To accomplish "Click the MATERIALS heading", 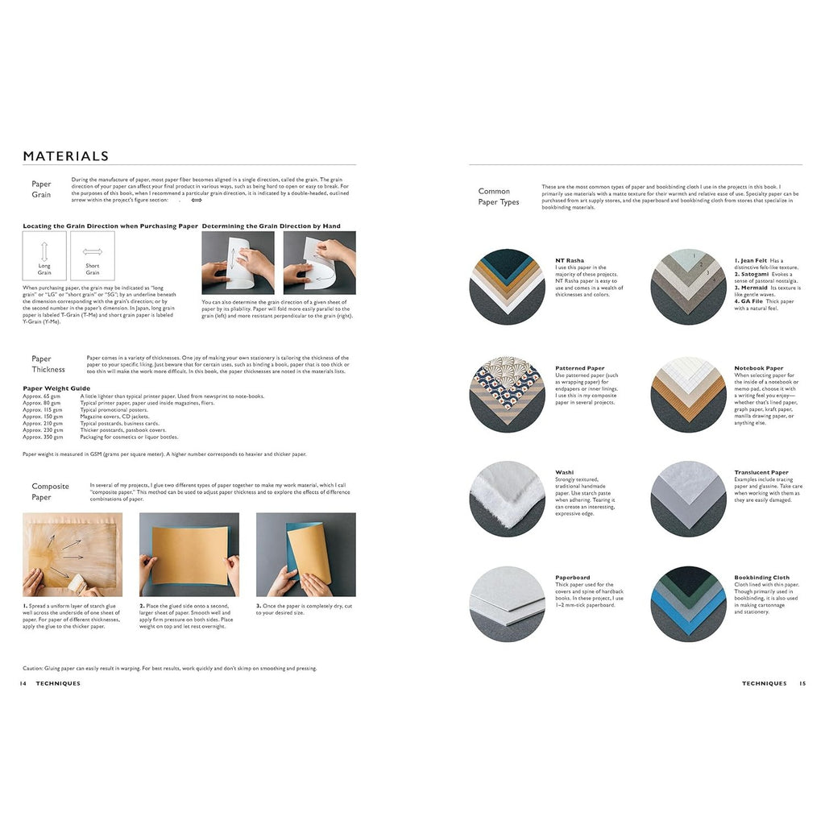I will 66,156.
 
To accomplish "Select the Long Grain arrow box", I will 44,256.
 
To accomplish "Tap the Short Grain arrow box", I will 93,256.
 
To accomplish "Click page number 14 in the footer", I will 23,683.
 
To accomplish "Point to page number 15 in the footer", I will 802,683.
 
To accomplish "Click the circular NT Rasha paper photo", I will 508,287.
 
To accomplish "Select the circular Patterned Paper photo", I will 508,395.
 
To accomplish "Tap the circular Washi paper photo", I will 508,500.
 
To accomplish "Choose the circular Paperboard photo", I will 508,604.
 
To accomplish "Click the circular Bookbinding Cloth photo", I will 689,604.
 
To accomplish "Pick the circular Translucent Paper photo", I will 689,500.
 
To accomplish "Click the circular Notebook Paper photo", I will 689,395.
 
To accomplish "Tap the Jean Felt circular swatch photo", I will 689,287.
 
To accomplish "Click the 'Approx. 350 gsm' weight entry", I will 42,437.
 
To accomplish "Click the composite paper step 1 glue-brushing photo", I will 73,554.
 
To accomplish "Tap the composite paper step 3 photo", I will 305,554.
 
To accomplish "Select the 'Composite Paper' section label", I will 50,491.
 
